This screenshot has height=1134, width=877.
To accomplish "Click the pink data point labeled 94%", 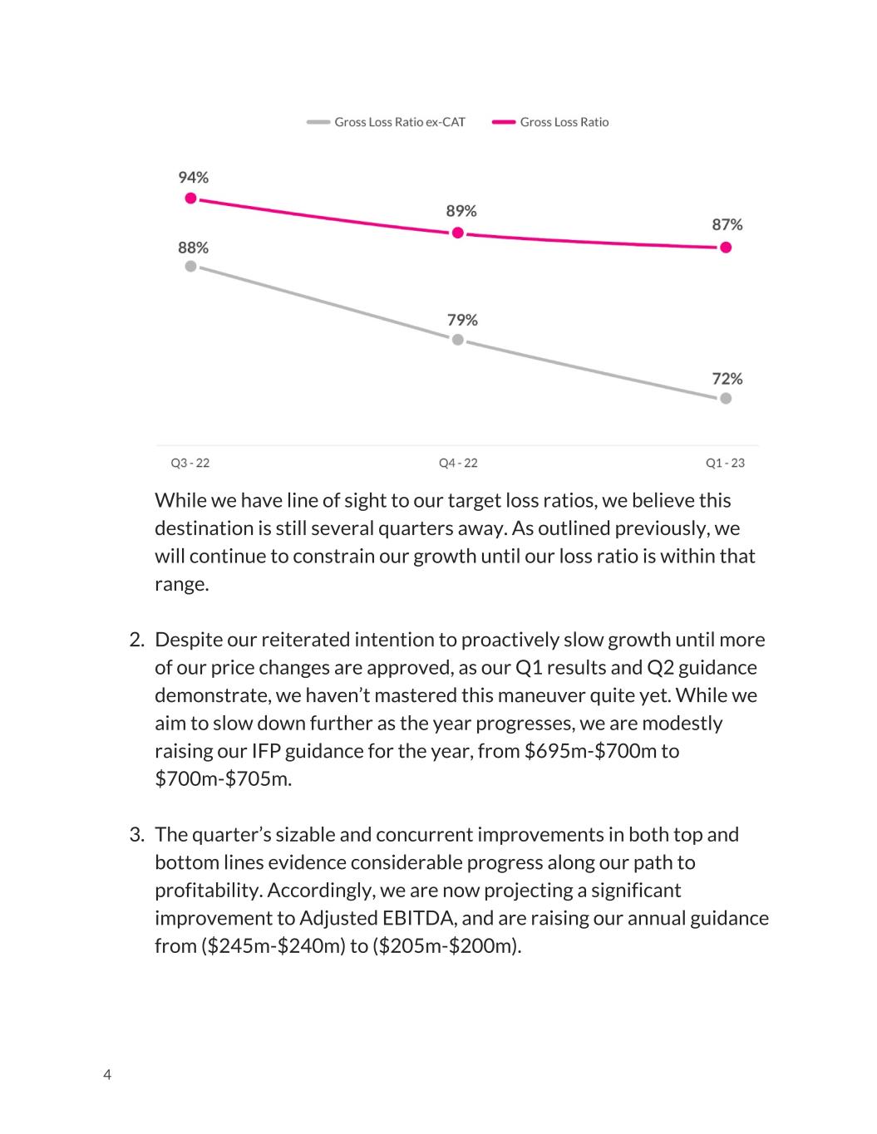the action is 191,199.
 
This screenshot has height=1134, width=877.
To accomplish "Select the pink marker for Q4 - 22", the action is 458,233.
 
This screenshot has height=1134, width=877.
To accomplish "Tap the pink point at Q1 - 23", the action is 726,248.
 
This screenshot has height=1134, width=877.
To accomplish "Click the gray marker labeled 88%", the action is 191,266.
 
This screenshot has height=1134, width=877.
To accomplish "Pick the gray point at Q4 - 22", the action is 458,340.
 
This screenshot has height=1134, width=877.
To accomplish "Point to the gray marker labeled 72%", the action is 726,398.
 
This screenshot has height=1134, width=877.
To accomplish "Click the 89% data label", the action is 461,211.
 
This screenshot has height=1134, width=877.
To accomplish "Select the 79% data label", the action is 462,320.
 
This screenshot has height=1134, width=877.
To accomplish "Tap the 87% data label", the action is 727,224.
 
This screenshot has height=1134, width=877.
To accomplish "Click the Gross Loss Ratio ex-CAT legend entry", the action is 386,122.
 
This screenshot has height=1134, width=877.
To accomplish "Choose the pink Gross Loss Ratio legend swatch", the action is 504,122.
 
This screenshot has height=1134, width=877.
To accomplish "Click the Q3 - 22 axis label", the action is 190,463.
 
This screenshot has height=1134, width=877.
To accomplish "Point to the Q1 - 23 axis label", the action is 725,463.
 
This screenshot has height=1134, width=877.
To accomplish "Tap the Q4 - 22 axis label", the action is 458,463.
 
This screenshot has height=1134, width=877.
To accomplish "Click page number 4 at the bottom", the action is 107,1074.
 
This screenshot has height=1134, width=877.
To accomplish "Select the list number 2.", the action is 137,640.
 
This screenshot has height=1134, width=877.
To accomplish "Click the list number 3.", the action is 137,834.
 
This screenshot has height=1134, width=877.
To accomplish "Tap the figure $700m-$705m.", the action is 224,779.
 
